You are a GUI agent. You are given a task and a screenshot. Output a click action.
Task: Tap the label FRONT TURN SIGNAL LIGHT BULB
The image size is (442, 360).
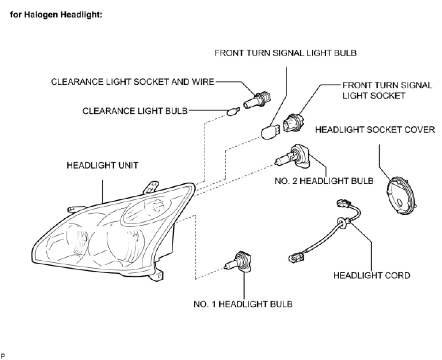pyautogui.click(x=285, y=53)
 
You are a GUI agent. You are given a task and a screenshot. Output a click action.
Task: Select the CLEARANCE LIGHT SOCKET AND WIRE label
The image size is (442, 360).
pyautogui.click(x=133, y=82)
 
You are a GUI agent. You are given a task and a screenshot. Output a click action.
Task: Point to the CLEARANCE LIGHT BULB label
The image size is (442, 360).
pyautogui.click(x=135, y=111)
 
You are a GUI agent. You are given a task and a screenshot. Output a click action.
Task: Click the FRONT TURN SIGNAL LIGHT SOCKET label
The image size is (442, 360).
pyautogui.click(x=387, y=91)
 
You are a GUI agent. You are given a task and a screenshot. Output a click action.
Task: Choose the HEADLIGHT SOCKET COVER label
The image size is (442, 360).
pyautogui.click(x=375, y=130)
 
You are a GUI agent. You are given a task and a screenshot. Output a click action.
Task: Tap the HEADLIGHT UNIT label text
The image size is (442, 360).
pyautogui.click(x=102, y=165)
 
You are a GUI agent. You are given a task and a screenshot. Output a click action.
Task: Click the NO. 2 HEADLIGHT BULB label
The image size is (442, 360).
pyautogui.click(x=324, y=181)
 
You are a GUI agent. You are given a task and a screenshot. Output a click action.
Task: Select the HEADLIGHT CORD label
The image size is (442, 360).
pyautogui.click(x=371, y=275)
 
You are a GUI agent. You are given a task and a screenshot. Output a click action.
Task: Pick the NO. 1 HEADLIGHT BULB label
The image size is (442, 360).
pyautogui.click(x=243, y=304)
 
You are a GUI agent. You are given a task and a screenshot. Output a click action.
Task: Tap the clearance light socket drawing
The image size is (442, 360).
pyautogui.click(x=258, y=99)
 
